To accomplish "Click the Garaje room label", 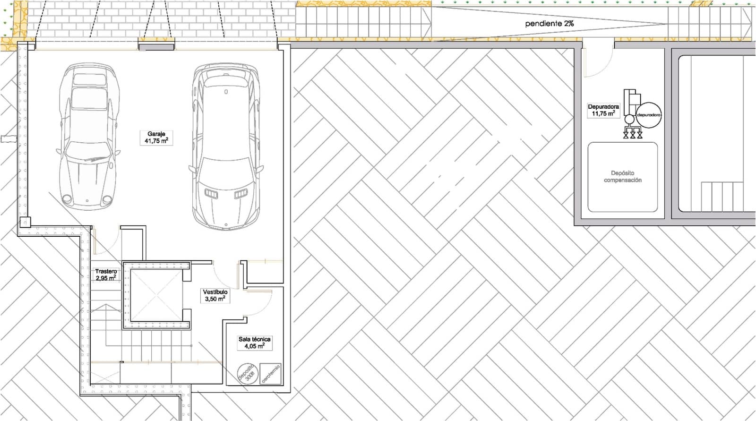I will click(x=156, y=134).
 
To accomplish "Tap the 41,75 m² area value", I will click(x=156, y=141).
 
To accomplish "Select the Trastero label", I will click(x=106, y=272).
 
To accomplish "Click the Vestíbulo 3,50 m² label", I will click(x=215, y=295).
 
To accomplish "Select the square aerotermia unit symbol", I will click(x=271, y=373).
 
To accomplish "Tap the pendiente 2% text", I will click(x=549, y=23).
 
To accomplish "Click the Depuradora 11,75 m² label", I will click(x=603, y=110).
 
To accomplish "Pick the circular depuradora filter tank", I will click(x=648, y=115).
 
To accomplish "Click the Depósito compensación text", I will click(x=622, y=177).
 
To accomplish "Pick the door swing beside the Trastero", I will click(x=106, y=241).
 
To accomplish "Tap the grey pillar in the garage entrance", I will click(x=156, y=46).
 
